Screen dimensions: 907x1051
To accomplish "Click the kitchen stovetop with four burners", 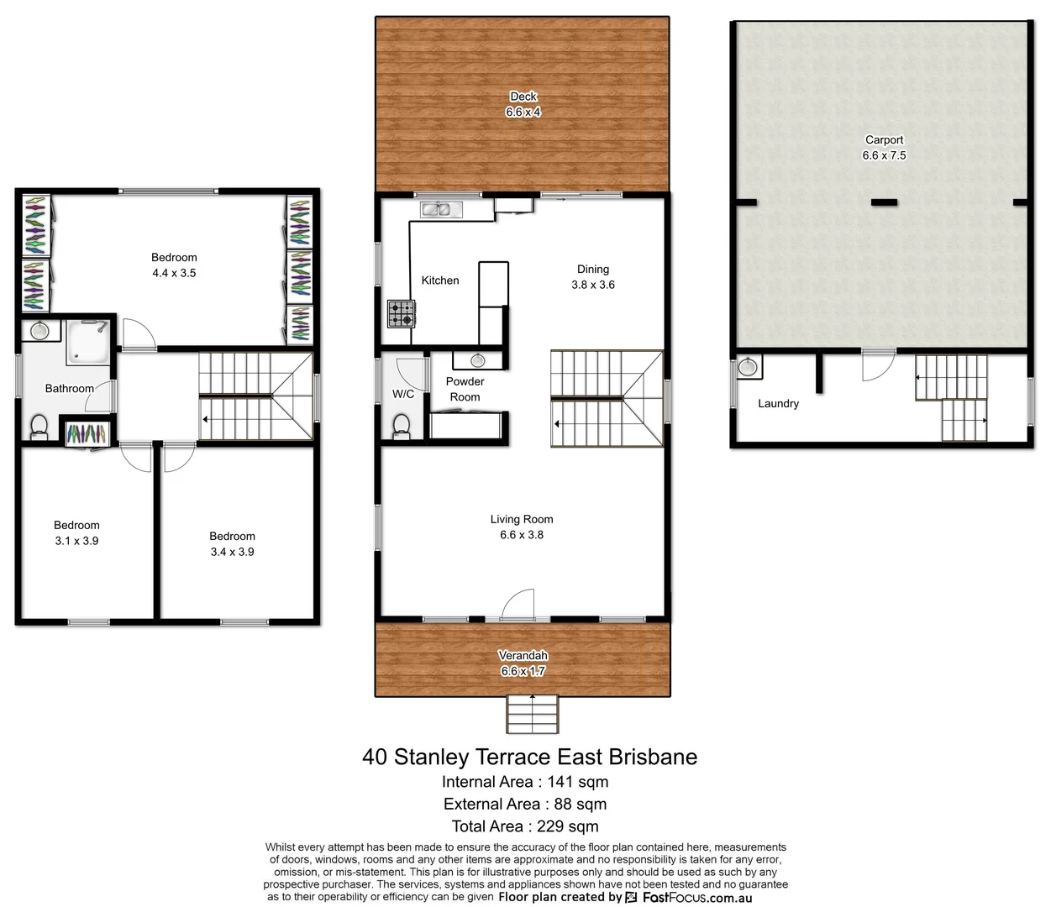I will point(401,314).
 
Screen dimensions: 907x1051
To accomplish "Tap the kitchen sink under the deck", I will point(435,209).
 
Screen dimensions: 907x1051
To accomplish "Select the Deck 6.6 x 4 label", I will point(523,104).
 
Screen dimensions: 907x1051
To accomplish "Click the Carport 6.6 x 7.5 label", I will point(884,148).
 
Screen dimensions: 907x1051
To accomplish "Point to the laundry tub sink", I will point(747,368).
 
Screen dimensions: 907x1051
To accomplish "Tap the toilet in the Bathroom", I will point(39,427).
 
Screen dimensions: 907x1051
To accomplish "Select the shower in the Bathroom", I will point(89,343).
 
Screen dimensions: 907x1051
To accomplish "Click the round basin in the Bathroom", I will point(39,331).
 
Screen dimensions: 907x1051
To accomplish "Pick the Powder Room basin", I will point(477,361).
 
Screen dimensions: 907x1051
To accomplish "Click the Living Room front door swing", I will point(518,605).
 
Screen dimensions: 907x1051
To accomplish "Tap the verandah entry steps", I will point(532,715).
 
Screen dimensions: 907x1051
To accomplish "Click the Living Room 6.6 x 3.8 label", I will point(522,527).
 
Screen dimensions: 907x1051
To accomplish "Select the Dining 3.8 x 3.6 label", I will point(593,277).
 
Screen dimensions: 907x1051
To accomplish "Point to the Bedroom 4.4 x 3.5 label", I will point(174,265).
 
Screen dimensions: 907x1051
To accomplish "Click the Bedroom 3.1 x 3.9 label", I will point(76,533).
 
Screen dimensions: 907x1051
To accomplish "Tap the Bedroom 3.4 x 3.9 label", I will point(232,544).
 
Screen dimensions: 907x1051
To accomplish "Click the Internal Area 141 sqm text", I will point(525,782).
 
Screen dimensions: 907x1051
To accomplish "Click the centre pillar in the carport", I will point(884,202).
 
